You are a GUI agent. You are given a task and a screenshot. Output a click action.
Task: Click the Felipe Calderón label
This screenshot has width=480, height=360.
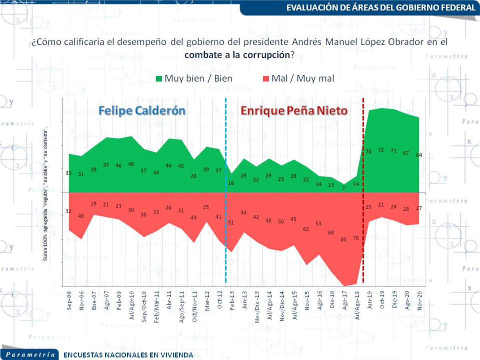pos(142,110)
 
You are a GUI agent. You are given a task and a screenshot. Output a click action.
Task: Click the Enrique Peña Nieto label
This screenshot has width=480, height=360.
pos(294,111)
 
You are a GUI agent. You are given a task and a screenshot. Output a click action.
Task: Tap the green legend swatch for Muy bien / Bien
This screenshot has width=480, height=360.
pos(159,78)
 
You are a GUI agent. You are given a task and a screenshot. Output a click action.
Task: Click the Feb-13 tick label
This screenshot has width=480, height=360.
pos(232,299)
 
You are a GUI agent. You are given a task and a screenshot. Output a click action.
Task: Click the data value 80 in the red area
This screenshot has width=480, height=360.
pos(343,240)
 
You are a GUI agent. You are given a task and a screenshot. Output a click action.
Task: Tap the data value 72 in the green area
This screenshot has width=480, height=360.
pos(381,150)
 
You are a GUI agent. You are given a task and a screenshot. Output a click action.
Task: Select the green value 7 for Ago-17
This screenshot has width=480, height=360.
pos(343,187)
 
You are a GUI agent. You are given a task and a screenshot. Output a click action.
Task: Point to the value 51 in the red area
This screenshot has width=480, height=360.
pos(231,222)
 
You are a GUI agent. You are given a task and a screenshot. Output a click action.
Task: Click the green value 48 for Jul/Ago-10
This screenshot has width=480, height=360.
pos(131,164)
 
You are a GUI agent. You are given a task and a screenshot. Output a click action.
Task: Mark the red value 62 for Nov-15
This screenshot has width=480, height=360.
pos(306,229)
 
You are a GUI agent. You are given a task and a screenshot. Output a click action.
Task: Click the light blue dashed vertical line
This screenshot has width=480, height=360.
pos(226,192)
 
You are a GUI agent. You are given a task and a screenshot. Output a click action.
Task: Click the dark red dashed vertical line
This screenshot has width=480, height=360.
pos(363,192)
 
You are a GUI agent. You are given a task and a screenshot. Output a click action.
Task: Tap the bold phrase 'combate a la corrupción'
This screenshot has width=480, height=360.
pos(237,55)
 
